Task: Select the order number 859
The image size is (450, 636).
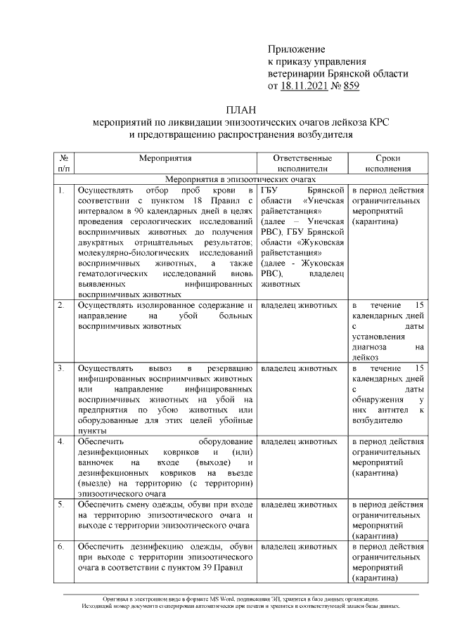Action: click(x=349, y=86)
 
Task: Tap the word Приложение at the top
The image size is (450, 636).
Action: click(x=297, y=48)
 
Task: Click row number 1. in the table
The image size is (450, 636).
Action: click(x=62, y=190)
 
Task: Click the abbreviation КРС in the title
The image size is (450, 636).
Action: click(x=378, y=122)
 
